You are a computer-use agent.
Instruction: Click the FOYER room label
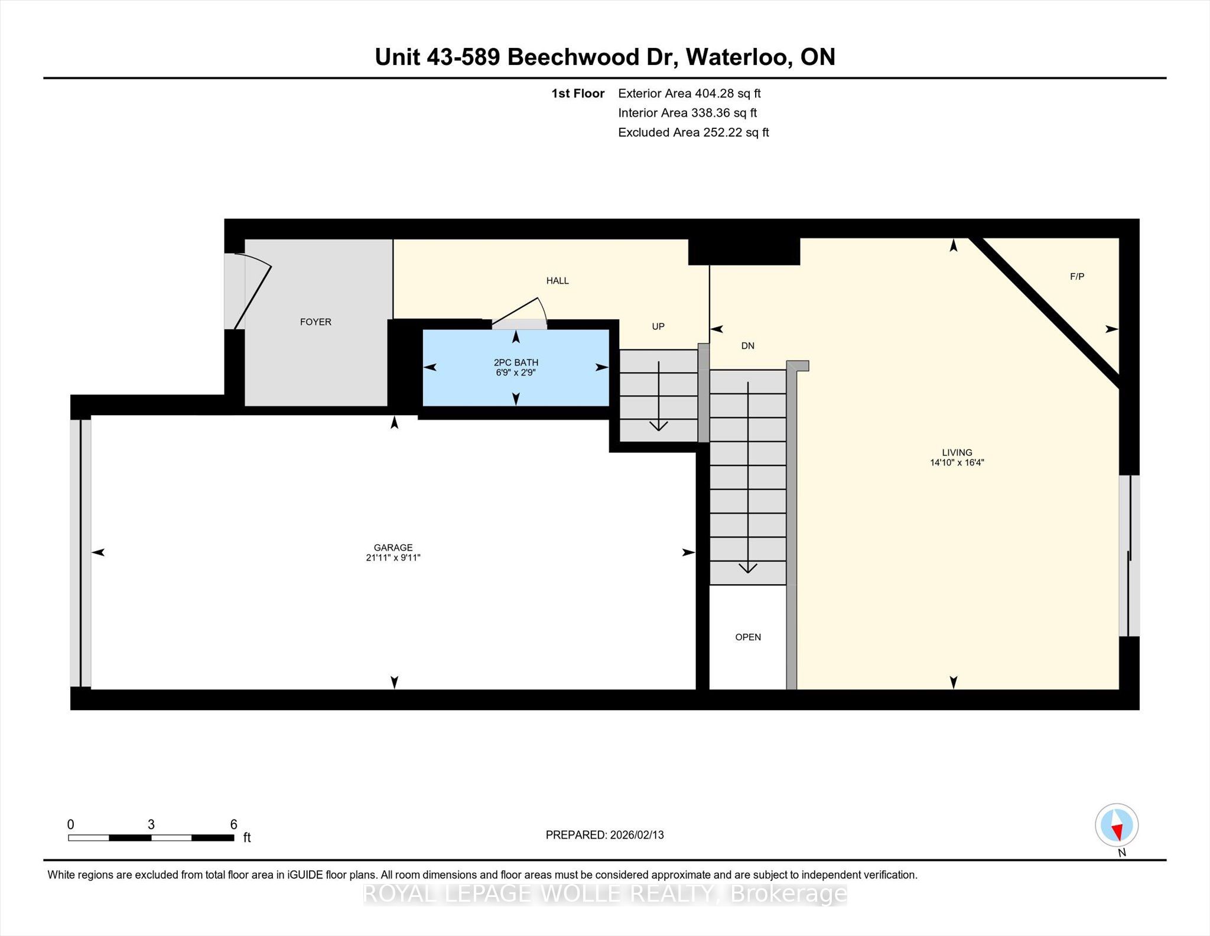[315, 322]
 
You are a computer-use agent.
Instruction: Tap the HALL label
[557, 281]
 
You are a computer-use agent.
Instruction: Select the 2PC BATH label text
[516, 362]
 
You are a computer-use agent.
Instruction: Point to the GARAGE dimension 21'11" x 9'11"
[393, 558]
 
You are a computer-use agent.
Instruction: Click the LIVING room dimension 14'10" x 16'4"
[957, 462]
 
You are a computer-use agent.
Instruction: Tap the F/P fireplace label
[1077, 276]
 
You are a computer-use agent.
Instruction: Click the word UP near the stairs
[658, 326]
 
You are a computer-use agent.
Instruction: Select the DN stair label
[748, 346]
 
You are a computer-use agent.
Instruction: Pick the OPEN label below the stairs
[748, 637]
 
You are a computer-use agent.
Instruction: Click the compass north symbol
[1117, 825]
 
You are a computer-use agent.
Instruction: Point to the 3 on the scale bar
[151, 824]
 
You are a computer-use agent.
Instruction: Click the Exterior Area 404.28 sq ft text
[689, 93]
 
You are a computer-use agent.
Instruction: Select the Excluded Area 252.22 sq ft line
[694, 132]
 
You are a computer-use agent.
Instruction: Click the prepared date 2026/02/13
[637, 835]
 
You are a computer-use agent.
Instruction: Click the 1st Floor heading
[578, 93]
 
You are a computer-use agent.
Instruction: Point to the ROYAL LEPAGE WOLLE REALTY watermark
[605, 893]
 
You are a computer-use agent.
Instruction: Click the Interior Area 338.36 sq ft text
[687, 113]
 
